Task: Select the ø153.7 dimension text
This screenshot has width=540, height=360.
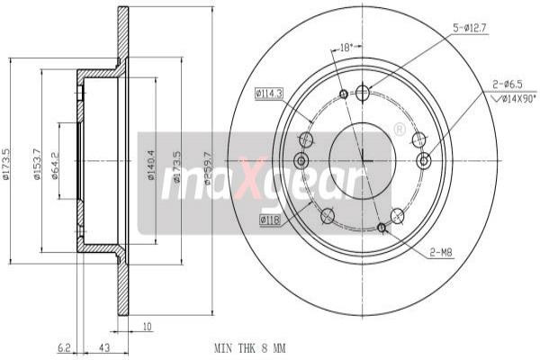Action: pos(37,163)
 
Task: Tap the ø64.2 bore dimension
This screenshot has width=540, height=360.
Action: pos(56,164)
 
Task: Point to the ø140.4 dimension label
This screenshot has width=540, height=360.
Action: pos(152,166)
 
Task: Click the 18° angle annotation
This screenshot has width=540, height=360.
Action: pos(345,44)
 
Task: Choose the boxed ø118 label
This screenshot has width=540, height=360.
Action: pos(270,219)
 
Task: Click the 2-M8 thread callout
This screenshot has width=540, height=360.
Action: pos(440,254)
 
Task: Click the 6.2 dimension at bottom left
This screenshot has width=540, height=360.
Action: pos(63,346)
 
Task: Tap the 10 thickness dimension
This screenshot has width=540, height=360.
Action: pos(145,328)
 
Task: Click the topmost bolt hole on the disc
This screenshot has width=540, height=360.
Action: pos(363,92)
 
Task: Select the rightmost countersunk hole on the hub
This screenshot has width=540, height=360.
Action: pos(424,160)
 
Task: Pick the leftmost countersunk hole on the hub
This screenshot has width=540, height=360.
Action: pos(301,160)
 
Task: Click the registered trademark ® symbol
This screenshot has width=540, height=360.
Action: pos(399,130)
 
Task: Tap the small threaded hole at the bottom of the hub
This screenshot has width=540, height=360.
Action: pos(382,228)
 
